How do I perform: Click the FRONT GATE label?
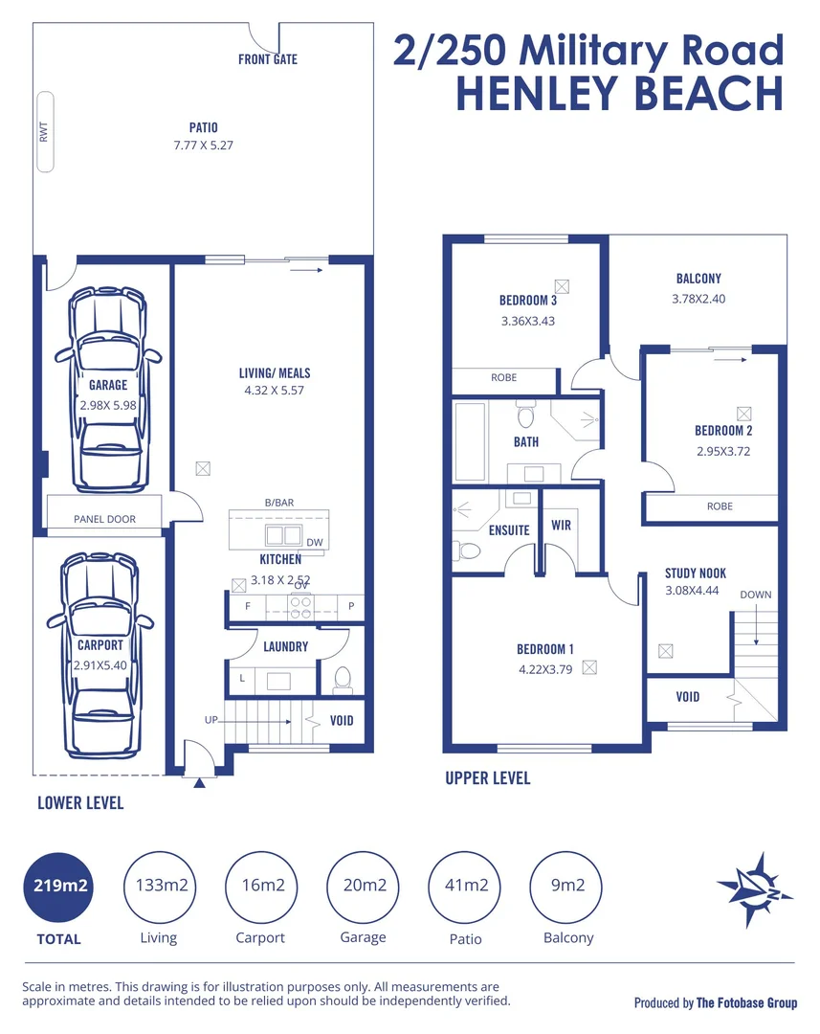click(x=268, y=59)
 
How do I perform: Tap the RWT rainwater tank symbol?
click(x=44, y=132)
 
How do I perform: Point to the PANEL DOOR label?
click(x=104, y=519)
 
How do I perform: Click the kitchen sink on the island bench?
click(x=277, y=534)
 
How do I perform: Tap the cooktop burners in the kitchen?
click(x=300, y=606)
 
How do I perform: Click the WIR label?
click(x=562, y=526)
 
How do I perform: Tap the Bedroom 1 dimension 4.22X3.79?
click(x=544, y=669)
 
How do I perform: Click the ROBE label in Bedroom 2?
click(x=720, y=506)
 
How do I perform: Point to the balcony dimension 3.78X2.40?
click(x=698, y=298)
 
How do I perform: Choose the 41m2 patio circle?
click(x=465, y=886)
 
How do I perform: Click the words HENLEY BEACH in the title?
click(x=619, y=93)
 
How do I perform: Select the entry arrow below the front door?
click(x=199, y=783)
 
